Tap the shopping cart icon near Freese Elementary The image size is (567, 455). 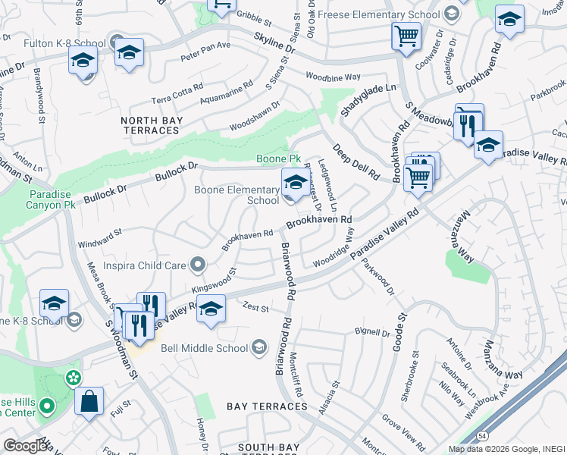pyautogui.click(x=406, y=36)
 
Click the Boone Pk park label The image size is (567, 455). pyautogui.click(x=279, y=158)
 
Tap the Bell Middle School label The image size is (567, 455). pyautogui.click(x=204, y=348)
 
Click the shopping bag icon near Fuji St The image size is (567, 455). pyautogui.click(x=89, y=401)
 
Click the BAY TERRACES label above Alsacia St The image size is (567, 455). pyautogui.click(x=266, y=407)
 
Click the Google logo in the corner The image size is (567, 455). pyautogui.click(x=25, y=446)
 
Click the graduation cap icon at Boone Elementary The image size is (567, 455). pyautogui.click(x=294, y=182)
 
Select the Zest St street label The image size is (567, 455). pyautogui.click(x=256, y=309)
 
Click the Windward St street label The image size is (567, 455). pyautogui.click(x=100, y=243)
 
